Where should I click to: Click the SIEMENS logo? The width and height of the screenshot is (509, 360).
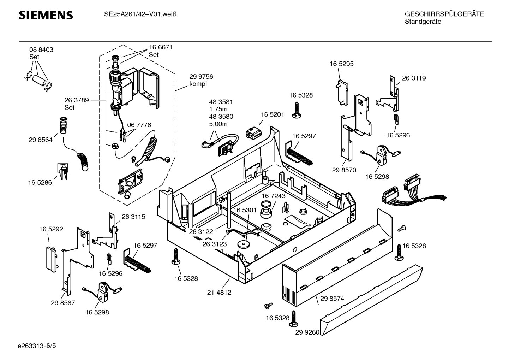click(46, 15)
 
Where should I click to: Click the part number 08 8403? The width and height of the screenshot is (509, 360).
click(41, 50)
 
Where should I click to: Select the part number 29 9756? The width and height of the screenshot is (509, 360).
click(201, 77)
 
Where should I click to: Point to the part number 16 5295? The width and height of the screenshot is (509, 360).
click(341, 64)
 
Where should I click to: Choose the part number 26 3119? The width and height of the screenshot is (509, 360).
click(414, 78)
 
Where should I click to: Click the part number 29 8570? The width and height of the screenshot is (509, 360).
click(344, 170)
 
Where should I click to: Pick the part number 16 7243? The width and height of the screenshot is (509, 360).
click(274, 196)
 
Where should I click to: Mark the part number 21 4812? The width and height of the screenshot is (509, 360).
click(219, 293)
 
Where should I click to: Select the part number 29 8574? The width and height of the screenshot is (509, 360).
click(332, 299)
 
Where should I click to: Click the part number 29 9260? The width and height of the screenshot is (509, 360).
click(307, 332)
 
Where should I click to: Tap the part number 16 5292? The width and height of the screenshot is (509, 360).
click(51, 229)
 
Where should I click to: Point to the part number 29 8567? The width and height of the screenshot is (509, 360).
click(63, 303)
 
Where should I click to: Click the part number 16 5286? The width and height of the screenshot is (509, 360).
click(40, 183)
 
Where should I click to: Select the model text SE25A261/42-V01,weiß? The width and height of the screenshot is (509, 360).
click(140, 14)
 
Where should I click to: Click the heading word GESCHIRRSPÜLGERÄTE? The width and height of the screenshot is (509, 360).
click(444, 14)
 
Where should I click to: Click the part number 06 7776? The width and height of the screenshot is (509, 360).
click(139, 125)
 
